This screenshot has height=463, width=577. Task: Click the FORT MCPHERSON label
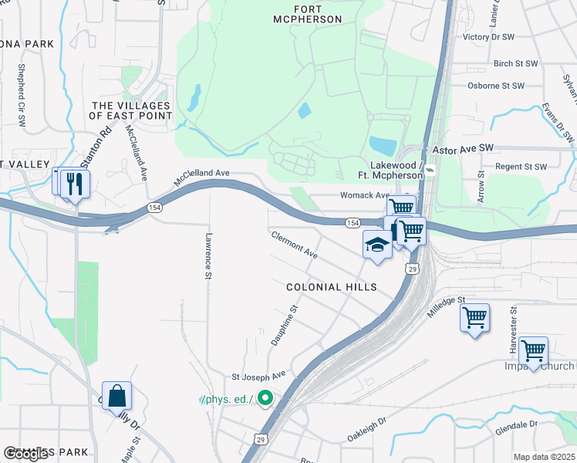pyautogui.click(x=307, y=14)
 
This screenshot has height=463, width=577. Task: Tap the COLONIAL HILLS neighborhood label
pyautogui.click(x=331, y=287)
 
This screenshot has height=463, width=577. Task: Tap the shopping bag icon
pyautogui.click(x=116, y=396)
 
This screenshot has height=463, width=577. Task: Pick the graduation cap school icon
pyautogui.click(x=376, y=245)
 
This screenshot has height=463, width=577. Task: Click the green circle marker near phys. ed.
pyautogui.click(x=265, y=399)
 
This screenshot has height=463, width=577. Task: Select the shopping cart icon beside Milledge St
pyautogui.click(x=474, y=317)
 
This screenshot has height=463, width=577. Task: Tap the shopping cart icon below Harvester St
pyautogui.click(x=533, y=350)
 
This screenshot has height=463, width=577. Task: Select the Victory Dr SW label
pyautogui.click(x=488, y=36)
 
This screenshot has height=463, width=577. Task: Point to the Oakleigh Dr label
pyautogui.click(x=366, y=426)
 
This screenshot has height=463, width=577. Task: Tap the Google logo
pyautogui.click(x=25, y=455)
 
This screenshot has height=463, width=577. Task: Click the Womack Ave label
pyautogui.click(x=364, y=195)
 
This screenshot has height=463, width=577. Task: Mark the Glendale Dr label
pyautogui.click(x=518, y=424)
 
